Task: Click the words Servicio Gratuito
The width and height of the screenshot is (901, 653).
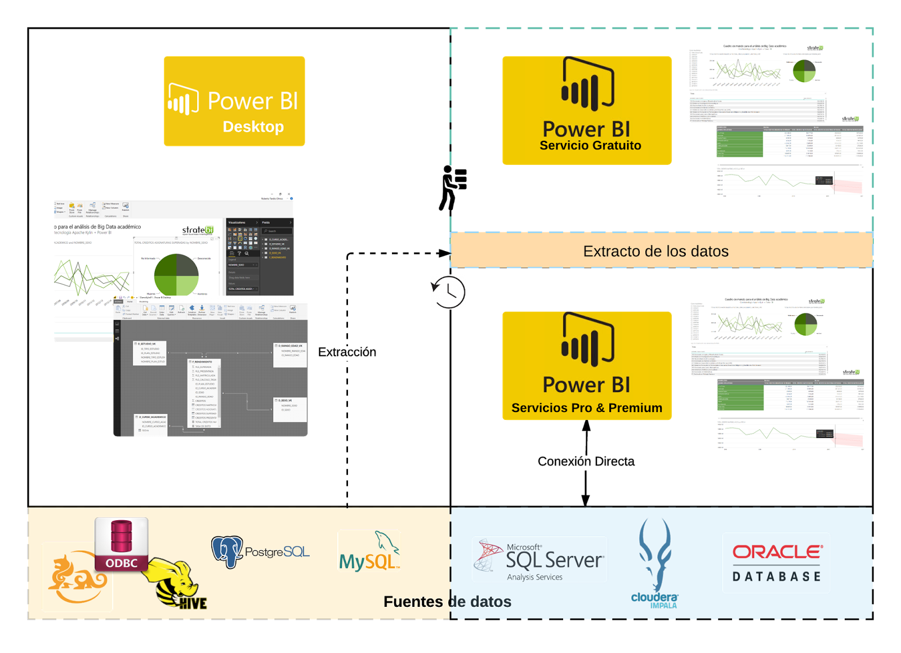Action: point(590,146)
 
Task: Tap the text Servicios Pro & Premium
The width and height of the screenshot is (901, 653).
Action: point(587,408)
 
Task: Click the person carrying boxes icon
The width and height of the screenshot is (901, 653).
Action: point(453,188)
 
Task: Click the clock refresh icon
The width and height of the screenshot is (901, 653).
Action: point(448,292)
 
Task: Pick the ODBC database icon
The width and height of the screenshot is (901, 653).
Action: point(122,544)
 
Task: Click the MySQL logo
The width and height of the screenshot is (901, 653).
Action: point(369,552)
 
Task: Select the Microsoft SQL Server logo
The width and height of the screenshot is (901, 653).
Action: point(539,560)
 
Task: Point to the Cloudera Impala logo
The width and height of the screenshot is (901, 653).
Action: point(655,563)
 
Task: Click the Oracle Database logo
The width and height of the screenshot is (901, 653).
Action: point(776,563)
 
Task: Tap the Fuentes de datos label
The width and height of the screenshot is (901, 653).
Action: point(447,602)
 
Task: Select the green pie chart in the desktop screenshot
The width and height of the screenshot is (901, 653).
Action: point(176,275)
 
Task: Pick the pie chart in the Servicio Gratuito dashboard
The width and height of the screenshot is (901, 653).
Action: point(804,71)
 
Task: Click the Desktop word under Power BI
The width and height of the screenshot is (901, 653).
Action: point(253,127)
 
